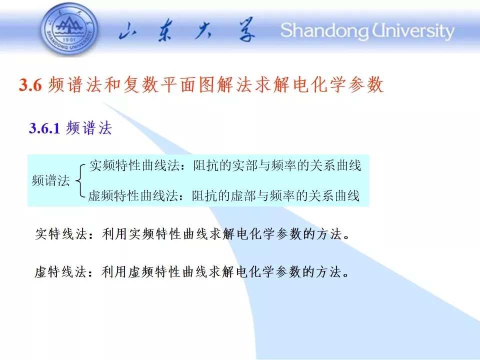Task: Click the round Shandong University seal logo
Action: [69, 29]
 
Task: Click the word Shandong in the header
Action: [324, 31]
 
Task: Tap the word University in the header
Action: [413, 31]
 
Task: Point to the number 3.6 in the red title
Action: [30, 84]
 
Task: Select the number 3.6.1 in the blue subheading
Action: [44, 128]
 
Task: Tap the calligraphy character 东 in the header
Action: [165, 30]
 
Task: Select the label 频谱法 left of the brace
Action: [51, 180]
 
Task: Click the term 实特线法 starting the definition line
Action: [61, 234]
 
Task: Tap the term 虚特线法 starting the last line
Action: [60, 272]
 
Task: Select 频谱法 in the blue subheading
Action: [89, 128]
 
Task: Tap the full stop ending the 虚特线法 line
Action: [346, 275]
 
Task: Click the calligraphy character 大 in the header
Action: [203, 30]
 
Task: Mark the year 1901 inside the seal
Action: [68, 40]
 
